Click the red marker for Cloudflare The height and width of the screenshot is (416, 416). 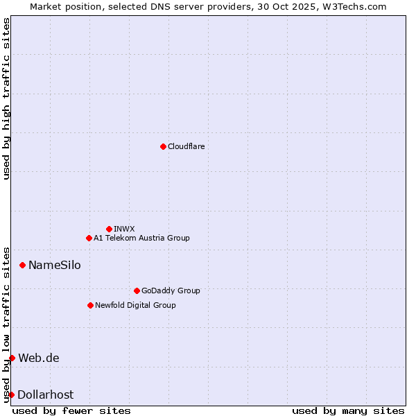[x=163, y=146]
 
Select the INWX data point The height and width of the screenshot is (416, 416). [x=109, y=229]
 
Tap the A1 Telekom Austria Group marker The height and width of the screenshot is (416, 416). [x=89, y=238]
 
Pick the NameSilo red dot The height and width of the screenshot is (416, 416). [x=22, y=265]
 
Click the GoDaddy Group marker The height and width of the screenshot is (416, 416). [x=137, y=291]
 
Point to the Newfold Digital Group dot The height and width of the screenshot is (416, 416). [x=90, y=305]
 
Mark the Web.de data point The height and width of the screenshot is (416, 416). [x=12, y=358]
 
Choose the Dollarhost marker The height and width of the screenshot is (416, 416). [x=11, y=395]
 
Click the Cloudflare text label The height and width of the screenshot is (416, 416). [x=186, y=146]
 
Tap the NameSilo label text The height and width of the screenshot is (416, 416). [x=54, y=265]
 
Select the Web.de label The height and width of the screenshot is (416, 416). [x=39, y=358]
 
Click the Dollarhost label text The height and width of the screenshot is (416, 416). [x=45, y=395]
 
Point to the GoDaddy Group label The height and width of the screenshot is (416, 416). [x=171, y=291]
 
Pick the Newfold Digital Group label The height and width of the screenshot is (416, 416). [x=135, y=305]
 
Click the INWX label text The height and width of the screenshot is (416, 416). [x=124, y=229]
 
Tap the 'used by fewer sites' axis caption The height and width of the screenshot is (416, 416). [x=71, y=410]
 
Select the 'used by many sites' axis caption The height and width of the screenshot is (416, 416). [x=348, y=410]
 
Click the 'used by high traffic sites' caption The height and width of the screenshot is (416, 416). [x=6, y=98]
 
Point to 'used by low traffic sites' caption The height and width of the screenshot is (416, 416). [x=6, y=324]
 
